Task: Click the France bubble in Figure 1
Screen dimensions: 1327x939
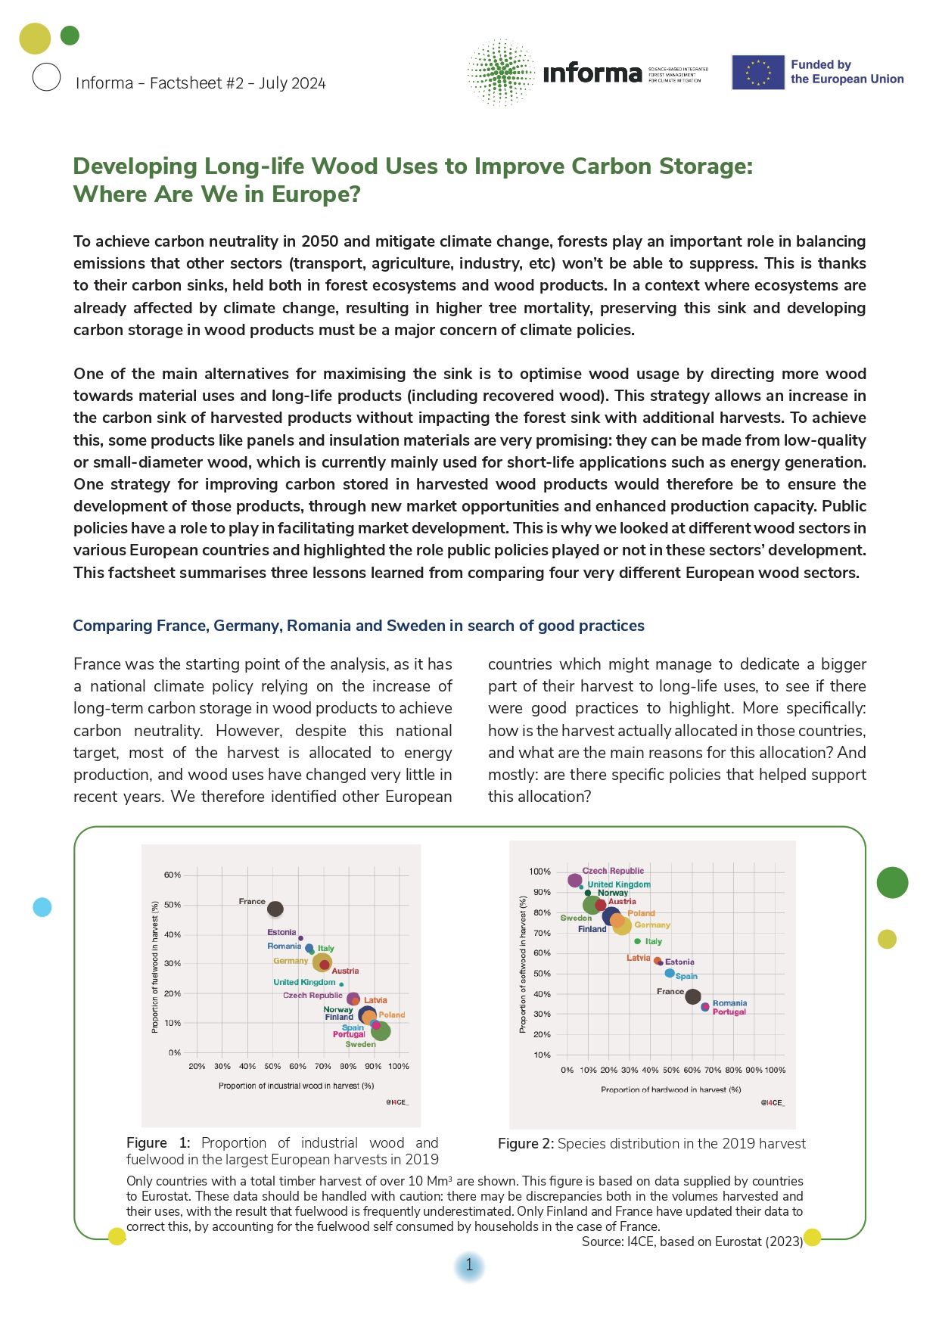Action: [275, 909]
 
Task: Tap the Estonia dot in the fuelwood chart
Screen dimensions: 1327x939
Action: [300, 938]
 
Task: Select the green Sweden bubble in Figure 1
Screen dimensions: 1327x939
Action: [381, 1031]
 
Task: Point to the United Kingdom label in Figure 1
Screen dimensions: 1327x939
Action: [304, 982]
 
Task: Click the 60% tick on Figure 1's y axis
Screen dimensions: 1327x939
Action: [173, 875]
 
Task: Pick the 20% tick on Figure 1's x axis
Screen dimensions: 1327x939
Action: [197, 1066]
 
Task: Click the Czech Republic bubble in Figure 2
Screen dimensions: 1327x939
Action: [575, 881]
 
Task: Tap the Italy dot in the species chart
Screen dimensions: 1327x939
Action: [638, 941]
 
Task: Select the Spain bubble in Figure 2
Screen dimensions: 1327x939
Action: [670, 974]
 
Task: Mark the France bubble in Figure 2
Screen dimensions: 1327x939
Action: [692, 997]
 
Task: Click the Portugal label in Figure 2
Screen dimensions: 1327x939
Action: [729, 1012]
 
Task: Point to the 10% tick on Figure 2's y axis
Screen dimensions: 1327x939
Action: [542, 1055]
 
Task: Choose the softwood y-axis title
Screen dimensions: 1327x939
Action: [523, 965]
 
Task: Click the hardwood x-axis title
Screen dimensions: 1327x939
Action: [670, 1089]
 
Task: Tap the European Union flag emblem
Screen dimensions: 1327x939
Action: [757, 73]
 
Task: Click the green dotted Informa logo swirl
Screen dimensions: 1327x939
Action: [501, 73]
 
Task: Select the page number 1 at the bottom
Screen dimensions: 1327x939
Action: [469, 1265]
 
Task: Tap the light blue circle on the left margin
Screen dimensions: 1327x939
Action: [42, 906]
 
